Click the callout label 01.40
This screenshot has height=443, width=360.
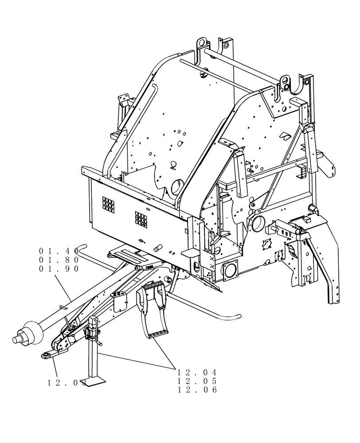pos(59,251)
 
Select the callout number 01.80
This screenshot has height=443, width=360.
pos(59,260)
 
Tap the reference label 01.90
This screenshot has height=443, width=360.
pos(59,269)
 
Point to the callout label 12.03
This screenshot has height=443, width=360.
pos(67,382)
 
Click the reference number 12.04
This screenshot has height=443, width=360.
pos(197,372)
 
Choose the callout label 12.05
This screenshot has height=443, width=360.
pos(197,381)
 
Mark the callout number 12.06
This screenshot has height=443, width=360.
pos(197,390)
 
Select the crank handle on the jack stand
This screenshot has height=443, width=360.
pos(98,342)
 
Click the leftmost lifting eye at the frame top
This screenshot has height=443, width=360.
pos(200,44)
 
